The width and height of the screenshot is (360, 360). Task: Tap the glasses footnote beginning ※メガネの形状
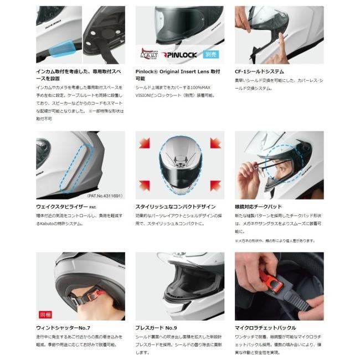(x=275, y=240)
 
